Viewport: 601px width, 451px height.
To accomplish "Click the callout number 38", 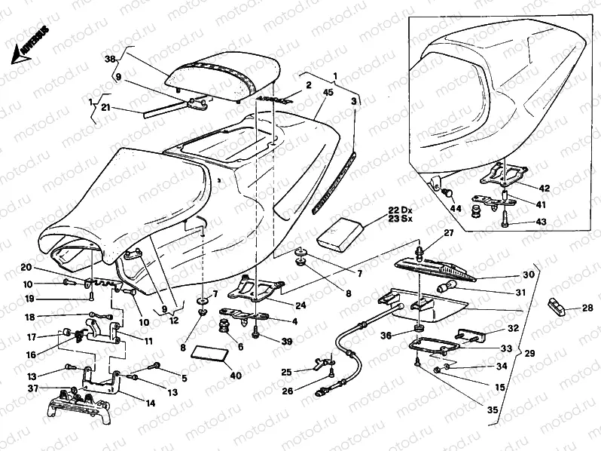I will point(109,59).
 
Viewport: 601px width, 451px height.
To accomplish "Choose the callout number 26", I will point(287,391).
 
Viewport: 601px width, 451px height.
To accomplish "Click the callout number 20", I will point(26,267).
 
